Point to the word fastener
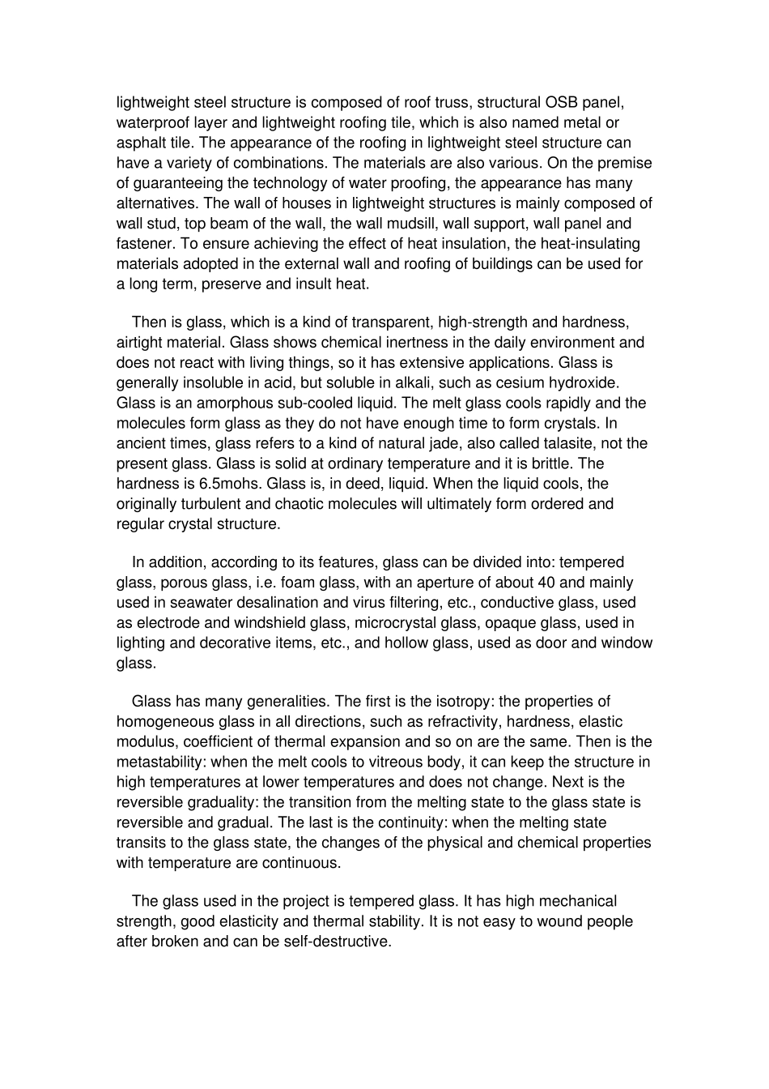[x=144, y=244]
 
